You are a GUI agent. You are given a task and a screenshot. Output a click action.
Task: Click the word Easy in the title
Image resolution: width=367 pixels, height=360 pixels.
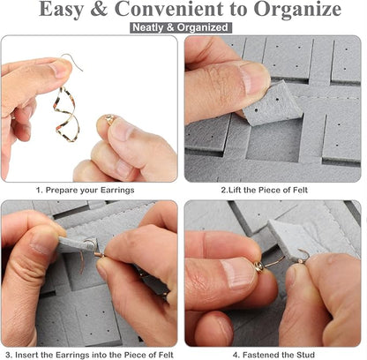click(62, 10)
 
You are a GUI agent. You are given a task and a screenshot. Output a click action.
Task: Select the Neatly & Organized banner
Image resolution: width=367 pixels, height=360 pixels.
click(181, 27)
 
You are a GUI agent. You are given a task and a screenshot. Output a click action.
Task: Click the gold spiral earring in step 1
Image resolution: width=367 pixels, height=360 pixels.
click(66, 115)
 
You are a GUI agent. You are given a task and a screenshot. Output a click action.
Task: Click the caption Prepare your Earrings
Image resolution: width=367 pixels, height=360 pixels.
click(85, 190)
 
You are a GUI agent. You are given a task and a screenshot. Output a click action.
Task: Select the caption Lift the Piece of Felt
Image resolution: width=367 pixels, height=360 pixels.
click(264, 190)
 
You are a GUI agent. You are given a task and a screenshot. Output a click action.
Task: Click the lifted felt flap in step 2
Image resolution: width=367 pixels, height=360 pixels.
click(272, 104)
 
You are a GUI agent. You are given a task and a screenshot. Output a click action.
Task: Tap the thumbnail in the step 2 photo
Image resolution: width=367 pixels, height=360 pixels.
click(255, 78)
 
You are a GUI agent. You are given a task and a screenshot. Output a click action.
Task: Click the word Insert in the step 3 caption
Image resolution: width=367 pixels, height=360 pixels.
click(27, 355)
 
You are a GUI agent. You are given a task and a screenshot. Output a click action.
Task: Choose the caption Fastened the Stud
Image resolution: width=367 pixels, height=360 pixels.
click(273, 355)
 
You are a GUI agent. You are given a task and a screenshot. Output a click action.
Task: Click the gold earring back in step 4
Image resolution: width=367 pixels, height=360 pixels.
click(259, 267)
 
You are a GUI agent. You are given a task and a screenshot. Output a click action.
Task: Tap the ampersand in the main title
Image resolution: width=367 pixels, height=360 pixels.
click(99, 10)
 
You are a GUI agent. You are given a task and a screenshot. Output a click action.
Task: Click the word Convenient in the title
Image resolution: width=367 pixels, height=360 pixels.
click(169, 10)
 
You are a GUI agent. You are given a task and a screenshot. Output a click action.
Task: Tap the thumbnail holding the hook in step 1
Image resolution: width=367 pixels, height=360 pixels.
click(60, 68)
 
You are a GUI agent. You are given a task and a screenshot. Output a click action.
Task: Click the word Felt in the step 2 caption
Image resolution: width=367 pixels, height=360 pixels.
click(300, 190)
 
